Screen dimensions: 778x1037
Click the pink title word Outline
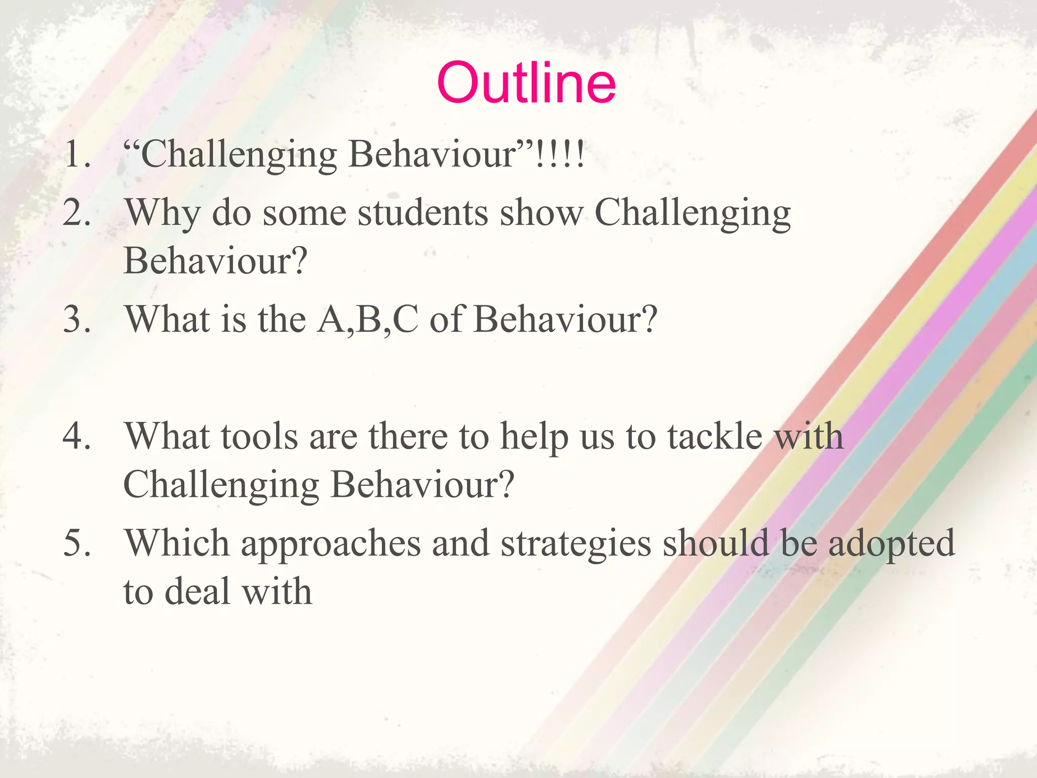coord(526,83)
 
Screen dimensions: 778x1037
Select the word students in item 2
coord(423,213)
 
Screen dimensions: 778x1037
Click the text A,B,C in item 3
coord(368,320)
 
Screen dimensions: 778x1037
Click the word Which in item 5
coord(177,543)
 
